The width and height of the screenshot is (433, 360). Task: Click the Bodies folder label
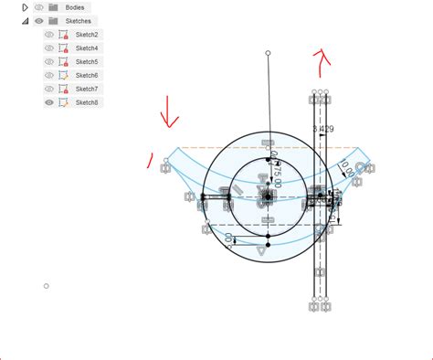(75, 7)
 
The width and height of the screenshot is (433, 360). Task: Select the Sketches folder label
(79, 20)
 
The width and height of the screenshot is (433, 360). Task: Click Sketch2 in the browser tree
(87, 35)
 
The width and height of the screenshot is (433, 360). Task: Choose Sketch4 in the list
(87, 48)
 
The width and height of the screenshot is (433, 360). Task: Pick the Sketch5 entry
(87, 62)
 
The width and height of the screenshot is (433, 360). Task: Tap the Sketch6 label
(87, 75)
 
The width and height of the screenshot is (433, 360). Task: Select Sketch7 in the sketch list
(87, 89)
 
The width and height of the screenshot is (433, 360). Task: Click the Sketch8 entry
(87, 102)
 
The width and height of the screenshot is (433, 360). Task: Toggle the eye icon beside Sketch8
(49, 102)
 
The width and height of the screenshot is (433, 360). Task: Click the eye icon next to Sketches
(39, 20)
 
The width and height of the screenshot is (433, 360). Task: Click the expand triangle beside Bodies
(25, 7)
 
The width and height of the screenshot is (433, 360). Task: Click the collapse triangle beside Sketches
(25, 20)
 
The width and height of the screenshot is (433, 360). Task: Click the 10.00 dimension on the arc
(347, 171)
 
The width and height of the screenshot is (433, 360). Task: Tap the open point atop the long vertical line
(268, 54)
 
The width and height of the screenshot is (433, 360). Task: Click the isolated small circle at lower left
(47, 286)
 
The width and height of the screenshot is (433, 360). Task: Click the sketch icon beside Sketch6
(63, 75)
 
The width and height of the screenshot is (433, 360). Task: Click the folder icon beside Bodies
(54, 7)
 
